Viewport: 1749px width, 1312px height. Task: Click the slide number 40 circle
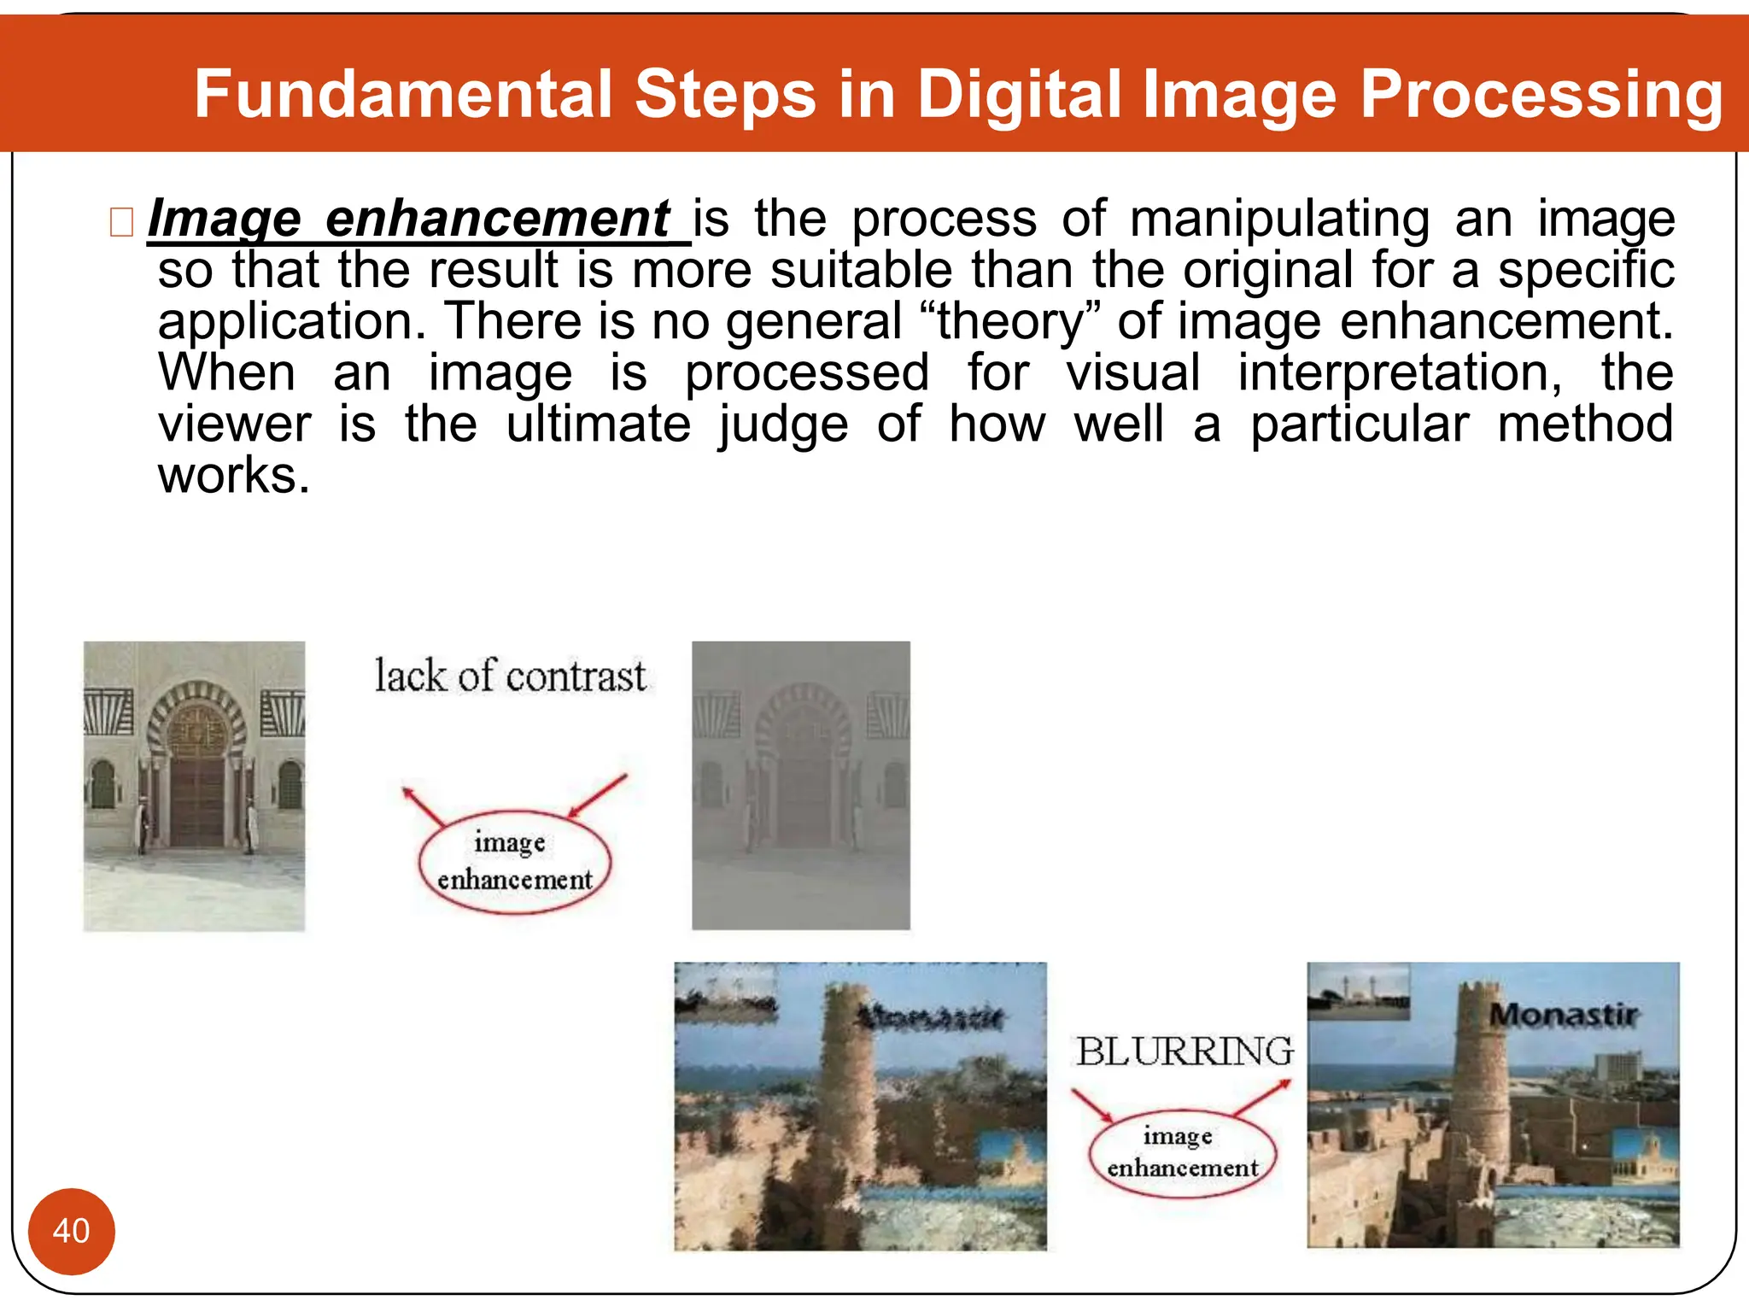pyautogui.click(x=71, y=1231)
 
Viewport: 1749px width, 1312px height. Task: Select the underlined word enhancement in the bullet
pyautogui.click(x=498, y=219)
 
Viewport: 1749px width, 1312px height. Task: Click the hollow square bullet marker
pyautogui.click(x=121, y=222)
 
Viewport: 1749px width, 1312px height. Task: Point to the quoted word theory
pyautogui.click(x=1009, y=322)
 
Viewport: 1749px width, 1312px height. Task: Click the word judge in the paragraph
pyautogui.click(x=783, y=425)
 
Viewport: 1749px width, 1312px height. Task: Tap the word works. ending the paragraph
pyautogui.click(x=233, y=476)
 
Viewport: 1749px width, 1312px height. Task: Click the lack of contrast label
pyautogui.click(x=510, y=676)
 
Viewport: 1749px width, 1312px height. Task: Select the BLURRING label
pyautogui.click(x=1185, y=1051)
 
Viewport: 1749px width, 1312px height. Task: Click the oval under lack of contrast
pyautogui.click(x=515, y=862)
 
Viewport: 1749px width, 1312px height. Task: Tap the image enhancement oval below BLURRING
pyautogui.click(x=1182, y=1152)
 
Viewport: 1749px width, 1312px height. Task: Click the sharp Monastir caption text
pyautogui.click(x=1563, y=1015)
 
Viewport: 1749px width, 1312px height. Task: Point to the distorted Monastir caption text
pyautogui.click(x=931, y=1016)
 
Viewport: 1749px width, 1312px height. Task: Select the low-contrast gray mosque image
pyautogui.click(x=800, y=785)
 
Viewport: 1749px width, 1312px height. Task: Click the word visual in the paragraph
pyautogui.click(x=1133, y=373)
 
